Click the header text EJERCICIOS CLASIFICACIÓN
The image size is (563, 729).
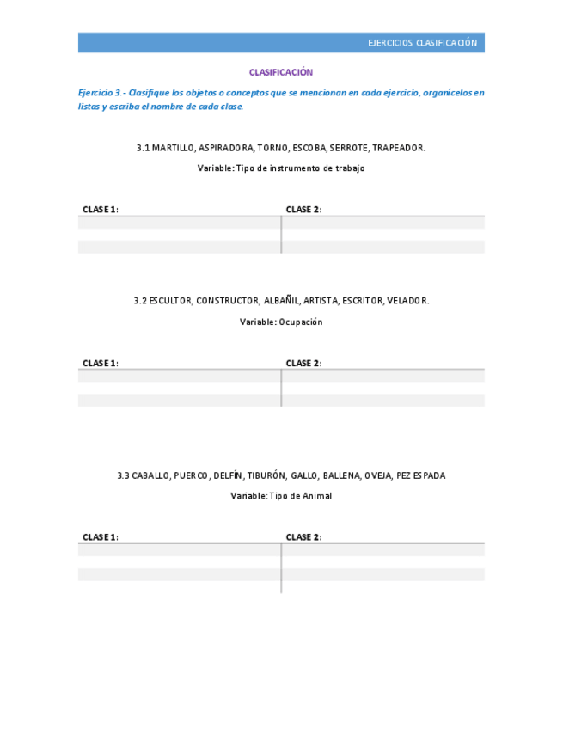coord(422,43)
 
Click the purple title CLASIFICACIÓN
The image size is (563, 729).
coord(281,72)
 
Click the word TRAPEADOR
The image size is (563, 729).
coord(398,148)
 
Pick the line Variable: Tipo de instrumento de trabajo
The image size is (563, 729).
coord(281,168)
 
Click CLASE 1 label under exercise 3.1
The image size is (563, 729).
coord(100,210)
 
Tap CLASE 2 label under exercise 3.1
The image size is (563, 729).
coord(303,210)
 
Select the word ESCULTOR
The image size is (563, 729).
coord(170,301)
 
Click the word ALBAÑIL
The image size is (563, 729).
coord(282,301)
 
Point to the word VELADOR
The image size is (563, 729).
coord(407,301)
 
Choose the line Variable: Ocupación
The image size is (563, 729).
coord(281,322)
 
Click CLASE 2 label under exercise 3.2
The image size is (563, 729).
coord(303,363)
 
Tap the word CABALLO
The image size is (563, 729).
coord(150,475)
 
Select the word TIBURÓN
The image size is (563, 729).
coord(266,475)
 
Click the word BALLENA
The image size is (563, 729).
coord(341,475)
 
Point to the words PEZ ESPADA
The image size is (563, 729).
coord(421,475)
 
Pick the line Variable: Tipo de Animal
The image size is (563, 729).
coord(281,496)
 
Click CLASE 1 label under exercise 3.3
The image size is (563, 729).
coord(100,537)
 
